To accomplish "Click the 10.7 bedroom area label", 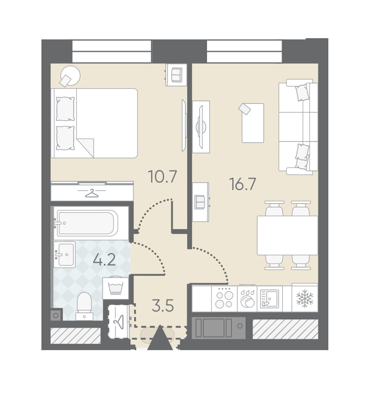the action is click(x=162, y=176).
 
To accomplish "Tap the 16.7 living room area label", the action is click(x=242, y=184).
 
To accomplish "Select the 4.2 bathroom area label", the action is click(x=104, y=259).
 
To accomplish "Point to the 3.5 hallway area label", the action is click(x=163, y=306).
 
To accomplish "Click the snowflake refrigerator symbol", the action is click(x=305, y=299).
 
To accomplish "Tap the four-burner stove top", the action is click(x=224, y=299).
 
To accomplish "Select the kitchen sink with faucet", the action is click(x=270, y=299).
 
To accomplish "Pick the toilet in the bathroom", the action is click(x=84, y=306).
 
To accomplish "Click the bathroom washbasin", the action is click(x=65, y=254).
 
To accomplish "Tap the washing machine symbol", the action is click(x=115, y=288).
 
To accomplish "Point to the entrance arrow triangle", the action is click(x=160, y=338).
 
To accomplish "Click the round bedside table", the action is click(x=70, y=76).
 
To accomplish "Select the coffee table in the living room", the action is click(x=253, y=123).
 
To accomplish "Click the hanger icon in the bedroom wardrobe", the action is click(x=92, y=193).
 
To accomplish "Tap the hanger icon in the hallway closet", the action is click(x=119, y=321).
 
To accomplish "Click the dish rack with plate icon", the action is click(x=247, y=299).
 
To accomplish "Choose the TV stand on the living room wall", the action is click(x=201, y=127).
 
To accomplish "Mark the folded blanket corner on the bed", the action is click(x=85, y=148).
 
